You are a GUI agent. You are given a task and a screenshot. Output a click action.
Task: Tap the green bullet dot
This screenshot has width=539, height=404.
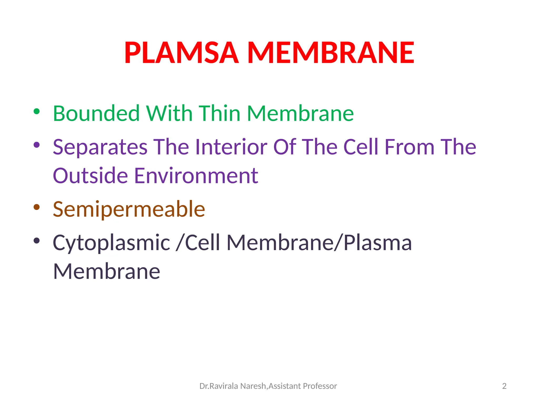(x=37, y=112)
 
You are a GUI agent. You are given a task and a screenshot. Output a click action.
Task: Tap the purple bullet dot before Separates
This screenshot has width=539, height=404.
(x=37, y=145)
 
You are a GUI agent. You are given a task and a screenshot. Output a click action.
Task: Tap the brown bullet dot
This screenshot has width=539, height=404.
(x=37, y=207)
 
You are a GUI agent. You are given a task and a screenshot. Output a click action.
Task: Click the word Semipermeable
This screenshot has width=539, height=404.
(x=129, y=209)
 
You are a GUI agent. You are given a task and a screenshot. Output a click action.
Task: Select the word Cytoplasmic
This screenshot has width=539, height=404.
(x=111, y=243)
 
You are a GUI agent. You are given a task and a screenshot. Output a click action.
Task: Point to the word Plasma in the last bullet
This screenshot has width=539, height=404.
(x=377, y=243)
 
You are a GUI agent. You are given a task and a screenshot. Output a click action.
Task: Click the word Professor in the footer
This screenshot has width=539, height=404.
(x=320, y=386)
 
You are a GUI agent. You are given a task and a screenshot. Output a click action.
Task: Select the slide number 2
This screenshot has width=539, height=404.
(x=504, y=386)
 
